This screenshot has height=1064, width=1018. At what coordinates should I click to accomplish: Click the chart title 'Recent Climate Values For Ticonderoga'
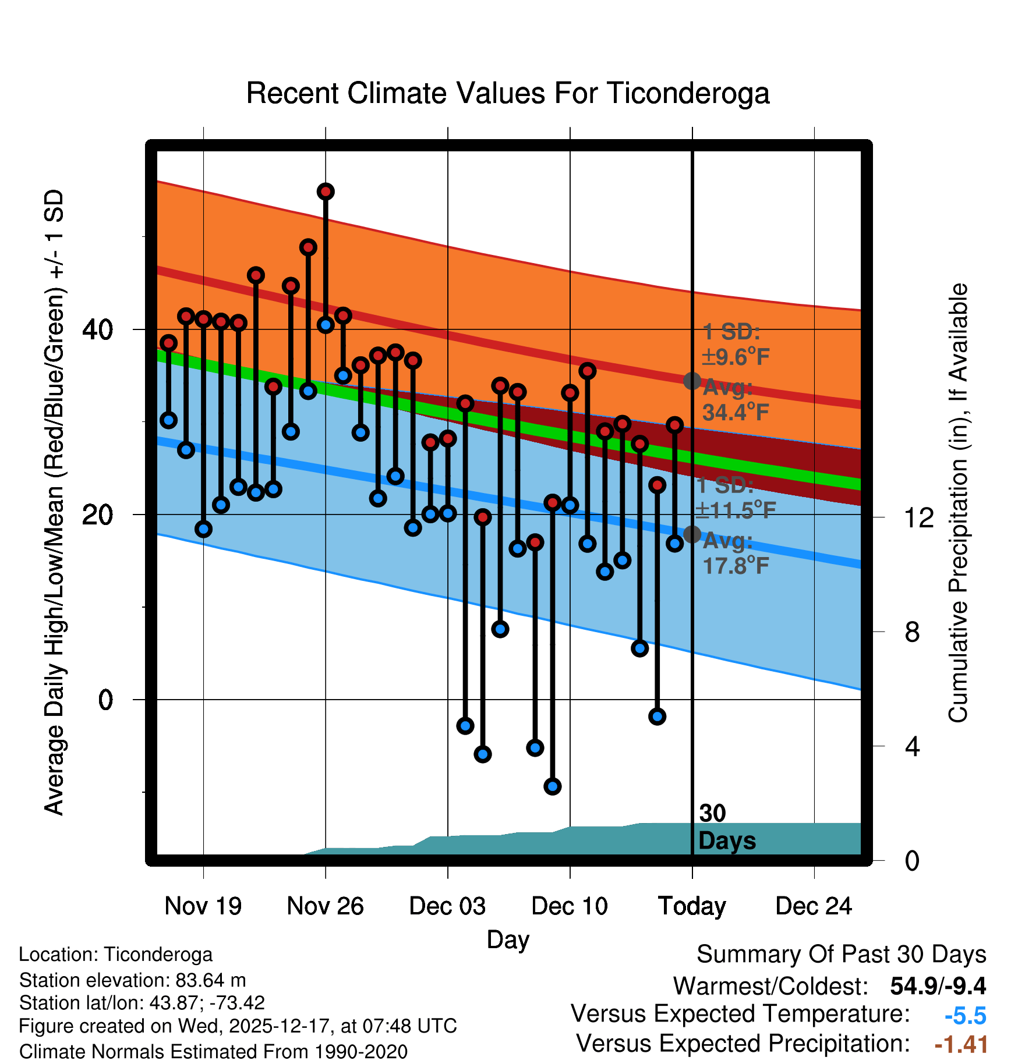(x=508, y=93)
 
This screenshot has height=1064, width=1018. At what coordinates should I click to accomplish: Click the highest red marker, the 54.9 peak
(x=326, y=191)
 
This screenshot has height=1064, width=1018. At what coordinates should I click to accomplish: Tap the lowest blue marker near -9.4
(x=552, y=786)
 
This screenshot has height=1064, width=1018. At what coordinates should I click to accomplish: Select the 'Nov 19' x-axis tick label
(x=203, y=906)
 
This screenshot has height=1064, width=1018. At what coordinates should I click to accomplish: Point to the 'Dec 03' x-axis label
(x=447, y=906)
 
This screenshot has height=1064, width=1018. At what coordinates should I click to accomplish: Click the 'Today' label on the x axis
(x=692, y=906)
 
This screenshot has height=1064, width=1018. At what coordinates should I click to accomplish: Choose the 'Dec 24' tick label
(x=814, y=906)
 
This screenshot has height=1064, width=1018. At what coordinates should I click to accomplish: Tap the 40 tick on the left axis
(x=98, y=330)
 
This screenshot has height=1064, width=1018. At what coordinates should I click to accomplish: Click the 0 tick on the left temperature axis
(x=105, y=700)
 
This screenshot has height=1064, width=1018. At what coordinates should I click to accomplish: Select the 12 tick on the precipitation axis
(x=919, y=517)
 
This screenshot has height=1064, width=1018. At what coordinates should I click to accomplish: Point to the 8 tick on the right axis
(x=912, y=632)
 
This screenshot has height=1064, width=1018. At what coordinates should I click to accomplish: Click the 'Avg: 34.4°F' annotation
(x=736, y=400)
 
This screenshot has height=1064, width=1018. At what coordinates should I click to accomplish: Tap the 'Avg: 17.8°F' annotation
(x=736, y=553)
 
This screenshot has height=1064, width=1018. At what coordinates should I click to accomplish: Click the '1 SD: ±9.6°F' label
(x=736, y=345)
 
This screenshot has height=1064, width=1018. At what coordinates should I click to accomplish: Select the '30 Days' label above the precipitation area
(x=726, y=827)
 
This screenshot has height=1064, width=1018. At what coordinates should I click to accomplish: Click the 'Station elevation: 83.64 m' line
(x=132, y=980)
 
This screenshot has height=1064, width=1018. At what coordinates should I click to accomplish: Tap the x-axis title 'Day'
(x=508, y=939)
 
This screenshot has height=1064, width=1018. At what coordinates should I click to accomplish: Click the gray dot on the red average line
(x=692, y=381)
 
